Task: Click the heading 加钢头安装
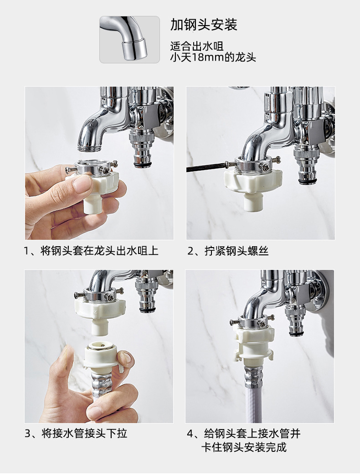pos(204,25)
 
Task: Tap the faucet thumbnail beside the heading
pos(129,40)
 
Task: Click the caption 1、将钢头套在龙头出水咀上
pos(91,251)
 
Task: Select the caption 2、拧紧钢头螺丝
pos(228,251)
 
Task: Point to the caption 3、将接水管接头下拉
pos(76,433)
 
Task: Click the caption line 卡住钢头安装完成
pos(244,447)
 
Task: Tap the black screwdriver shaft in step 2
pos(206,167)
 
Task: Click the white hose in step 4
pos(253,404)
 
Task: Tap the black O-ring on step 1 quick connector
pos(142,165)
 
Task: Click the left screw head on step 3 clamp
pos(78,295)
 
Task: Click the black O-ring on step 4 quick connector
pos(296,334)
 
